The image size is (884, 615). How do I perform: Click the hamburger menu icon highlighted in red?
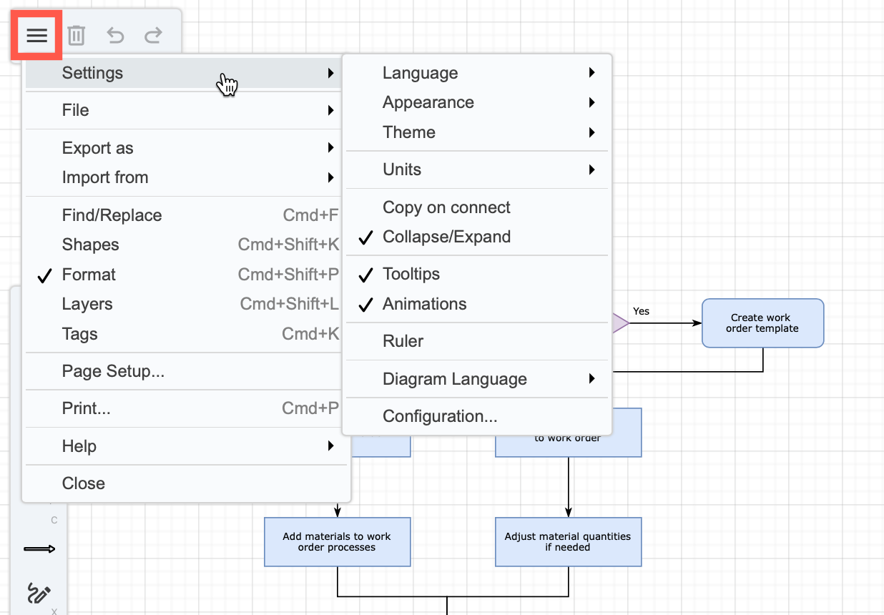36,35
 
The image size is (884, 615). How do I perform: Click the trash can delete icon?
77,35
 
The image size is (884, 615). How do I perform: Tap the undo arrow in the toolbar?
115,35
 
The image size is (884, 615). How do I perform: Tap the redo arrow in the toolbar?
153,35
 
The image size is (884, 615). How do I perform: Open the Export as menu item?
98,148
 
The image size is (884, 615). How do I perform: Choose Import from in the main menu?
105,177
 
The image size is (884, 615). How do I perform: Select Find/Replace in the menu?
112,215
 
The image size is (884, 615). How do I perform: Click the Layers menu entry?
87,304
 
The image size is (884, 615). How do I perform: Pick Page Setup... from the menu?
113,371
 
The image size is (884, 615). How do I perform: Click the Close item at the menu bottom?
84,483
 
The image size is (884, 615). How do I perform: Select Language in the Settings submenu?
420,73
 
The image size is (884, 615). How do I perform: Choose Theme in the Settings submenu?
408,132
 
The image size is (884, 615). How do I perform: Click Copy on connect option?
446,207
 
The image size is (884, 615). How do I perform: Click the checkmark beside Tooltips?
365,275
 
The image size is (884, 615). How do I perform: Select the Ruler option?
403,341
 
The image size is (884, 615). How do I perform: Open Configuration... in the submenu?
440,416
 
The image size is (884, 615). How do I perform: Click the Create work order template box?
762,323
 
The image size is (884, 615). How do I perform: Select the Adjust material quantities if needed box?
568,541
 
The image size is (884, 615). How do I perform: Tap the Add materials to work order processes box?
337,541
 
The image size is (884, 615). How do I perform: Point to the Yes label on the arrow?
641,311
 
